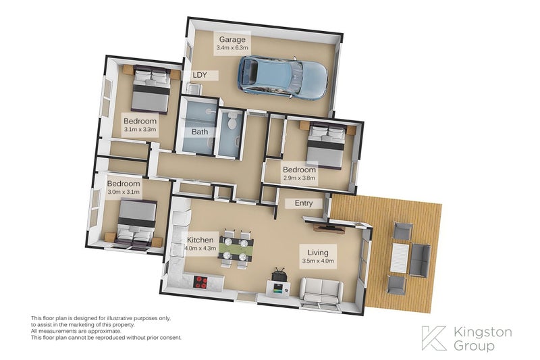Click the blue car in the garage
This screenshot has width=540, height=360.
(x=283, y=77)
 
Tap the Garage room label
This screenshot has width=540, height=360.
(x=232, y=39)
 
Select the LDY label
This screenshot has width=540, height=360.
(x=200, y=75)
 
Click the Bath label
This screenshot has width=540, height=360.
(x=200, y=132)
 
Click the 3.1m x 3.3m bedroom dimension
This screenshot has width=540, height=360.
(x=140, y=130)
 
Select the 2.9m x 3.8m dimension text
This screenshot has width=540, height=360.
(x=299, y=178)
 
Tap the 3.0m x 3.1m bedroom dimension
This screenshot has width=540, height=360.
(x=124, y=192)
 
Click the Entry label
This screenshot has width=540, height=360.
(x=303, y=203)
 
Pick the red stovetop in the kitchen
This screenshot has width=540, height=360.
(x=200, y=282)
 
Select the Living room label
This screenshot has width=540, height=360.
(x=318, y=253)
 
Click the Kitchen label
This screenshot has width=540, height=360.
(x=200, y=240)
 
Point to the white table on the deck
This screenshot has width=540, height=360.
(x=400, y=258)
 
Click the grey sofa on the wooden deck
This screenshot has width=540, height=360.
(x=420, y=260)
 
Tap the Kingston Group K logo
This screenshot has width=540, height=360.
(x=434, y=338)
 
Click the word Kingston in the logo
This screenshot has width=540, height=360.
(x=483, y=333)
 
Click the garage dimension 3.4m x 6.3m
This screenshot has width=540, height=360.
(x=232, y=48)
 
